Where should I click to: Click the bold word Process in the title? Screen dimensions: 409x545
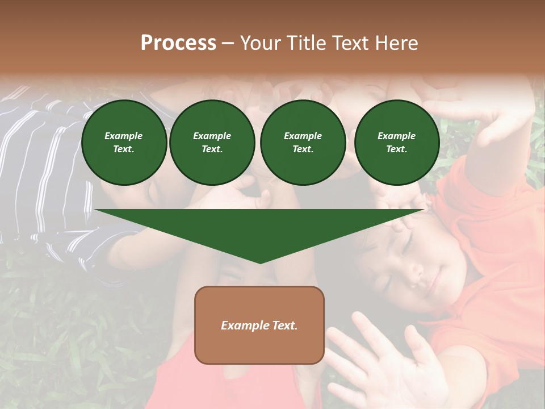point(178,43)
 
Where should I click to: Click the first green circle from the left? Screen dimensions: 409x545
point(124,143)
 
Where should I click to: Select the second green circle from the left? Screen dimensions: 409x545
point(212,143)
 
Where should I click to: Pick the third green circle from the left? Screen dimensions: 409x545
point(303,143)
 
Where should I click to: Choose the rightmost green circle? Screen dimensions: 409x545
point(396,143)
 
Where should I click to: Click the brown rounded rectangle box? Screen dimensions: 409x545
point(259,324)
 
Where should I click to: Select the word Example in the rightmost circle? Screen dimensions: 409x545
point(396,136)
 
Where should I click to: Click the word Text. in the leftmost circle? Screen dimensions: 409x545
point(124,149)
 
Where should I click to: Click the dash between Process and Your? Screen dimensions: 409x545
point(228,43)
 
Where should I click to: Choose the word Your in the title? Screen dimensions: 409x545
point(259,43)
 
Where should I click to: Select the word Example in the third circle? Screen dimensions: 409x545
point(303,136)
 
